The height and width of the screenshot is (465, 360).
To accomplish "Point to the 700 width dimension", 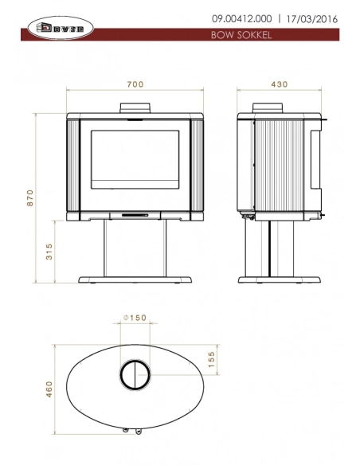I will click(x=135, y=84).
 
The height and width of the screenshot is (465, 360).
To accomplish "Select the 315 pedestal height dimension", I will click(x=49, y=253).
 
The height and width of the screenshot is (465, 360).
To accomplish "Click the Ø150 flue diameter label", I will click(x=134, y=318).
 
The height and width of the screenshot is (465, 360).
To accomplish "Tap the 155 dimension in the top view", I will click(x=212, y=358).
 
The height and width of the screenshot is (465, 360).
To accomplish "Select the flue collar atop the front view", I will click(x=135, y=108).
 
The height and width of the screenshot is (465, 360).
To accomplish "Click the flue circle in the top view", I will click(x=135, y=374).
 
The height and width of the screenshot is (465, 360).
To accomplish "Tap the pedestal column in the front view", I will click(x=135, y=248).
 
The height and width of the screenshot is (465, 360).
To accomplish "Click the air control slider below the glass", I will click(x=135, y=214).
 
